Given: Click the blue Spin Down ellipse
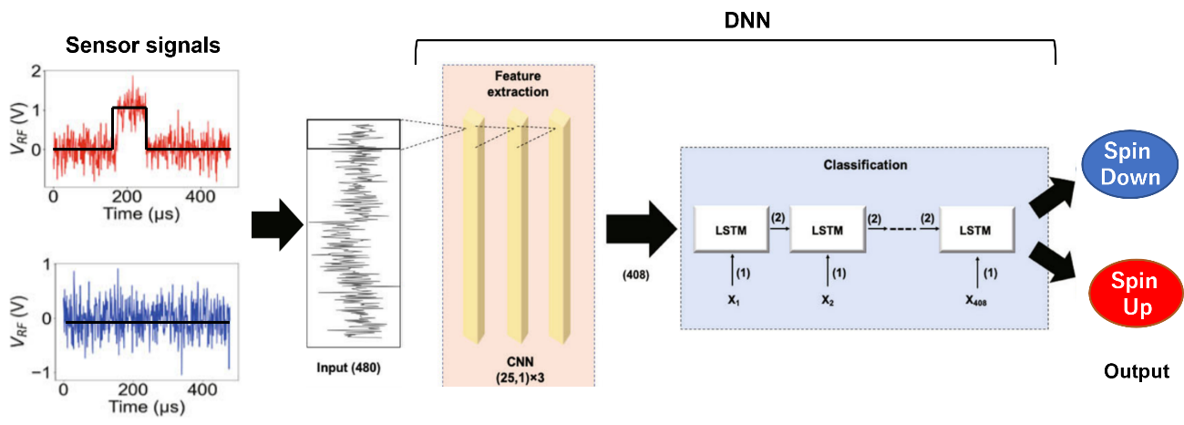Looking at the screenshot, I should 1129,165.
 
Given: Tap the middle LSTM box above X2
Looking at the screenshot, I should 827,231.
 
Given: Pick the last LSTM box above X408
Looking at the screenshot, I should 977,231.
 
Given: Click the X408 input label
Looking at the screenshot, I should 976,297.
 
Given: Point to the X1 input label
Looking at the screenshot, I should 731,297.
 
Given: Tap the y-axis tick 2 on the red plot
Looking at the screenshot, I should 36,70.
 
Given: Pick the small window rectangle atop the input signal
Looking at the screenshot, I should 353,134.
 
